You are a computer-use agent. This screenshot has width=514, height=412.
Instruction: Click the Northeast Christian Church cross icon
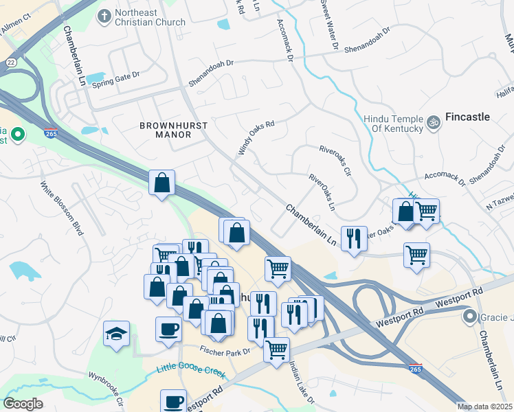[x=104, y=16]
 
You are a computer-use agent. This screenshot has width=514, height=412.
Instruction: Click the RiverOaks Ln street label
[x=322, y=192]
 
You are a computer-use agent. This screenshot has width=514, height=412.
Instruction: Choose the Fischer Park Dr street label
[x=224, y=351]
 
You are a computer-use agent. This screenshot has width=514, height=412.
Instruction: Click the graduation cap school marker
[x=116, y=334]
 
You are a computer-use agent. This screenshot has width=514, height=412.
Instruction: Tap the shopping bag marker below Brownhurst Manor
[x=161, y=183]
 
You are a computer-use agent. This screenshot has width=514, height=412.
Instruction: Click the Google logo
[x=23, y=404]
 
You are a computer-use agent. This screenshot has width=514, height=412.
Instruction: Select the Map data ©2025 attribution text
[x=484, y=407]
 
